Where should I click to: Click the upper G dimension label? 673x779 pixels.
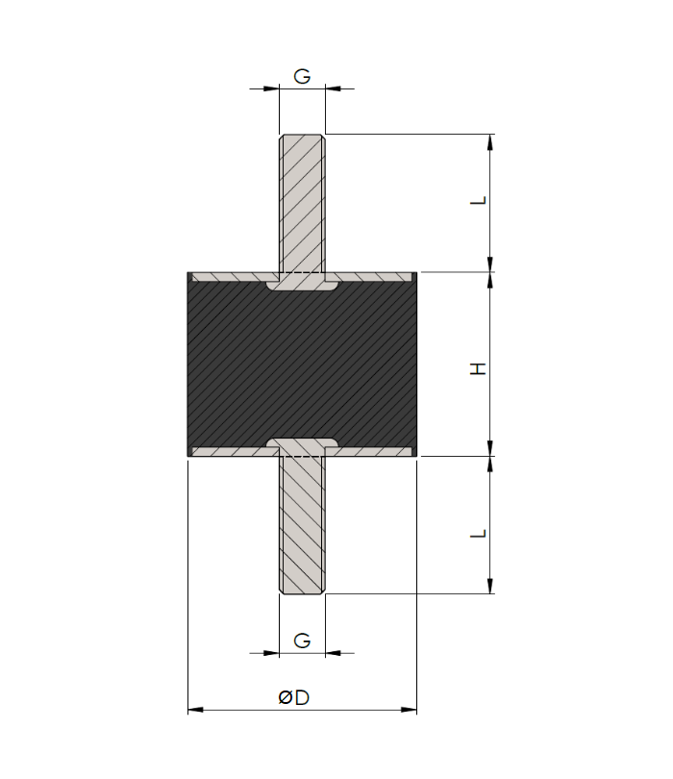[302, 76]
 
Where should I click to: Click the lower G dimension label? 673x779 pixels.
[302, 641]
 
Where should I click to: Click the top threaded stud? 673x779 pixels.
[302, 202]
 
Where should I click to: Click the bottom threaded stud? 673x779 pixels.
[302, 529]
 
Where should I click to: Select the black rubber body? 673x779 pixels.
[302, 365]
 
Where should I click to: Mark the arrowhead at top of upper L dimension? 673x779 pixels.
[490, 141]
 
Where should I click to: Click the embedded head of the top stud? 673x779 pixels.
[302, 286]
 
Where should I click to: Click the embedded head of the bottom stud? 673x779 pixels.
[302, 445]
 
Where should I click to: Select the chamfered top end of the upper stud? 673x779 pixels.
[302, 137]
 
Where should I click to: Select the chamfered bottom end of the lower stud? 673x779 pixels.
[302, 590]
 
